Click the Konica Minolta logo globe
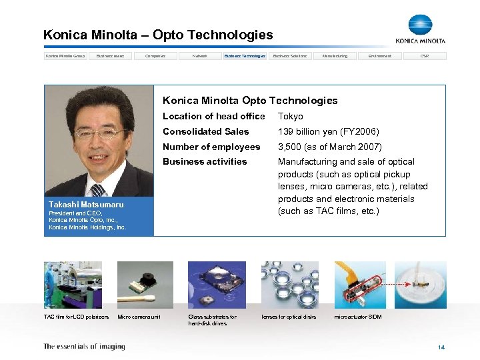420,25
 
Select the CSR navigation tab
425,56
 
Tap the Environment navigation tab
380,56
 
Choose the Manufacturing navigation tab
335,56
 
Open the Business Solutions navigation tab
290,56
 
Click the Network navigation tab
200,56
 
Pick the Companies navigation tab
155,56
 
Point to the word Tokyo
291,116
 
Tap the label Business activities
205,161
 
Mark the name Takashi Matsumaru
86,204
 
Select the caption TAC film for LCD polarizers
76,317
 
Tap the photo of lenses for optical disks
289,285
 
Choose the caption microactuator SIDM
358,317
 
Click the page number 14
441,347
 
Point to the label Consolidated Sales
205,131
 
